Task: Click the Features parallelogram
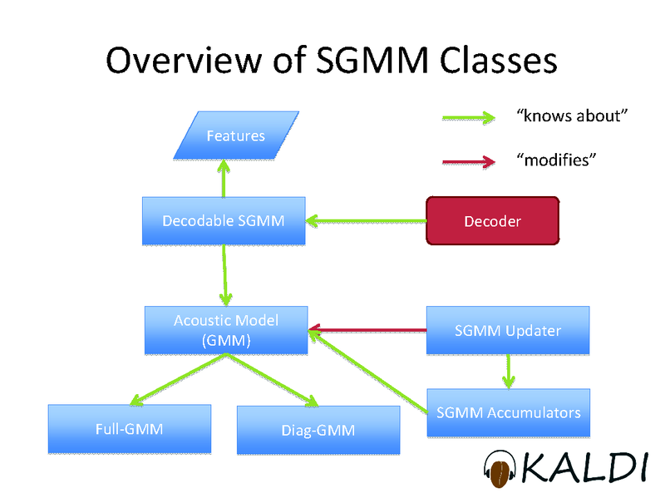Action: (235, 135)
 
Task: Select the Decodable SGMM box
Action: (224, 220)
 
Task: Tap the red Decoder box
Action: (492, 220)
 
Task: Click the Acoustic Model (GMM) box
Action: (226, 329)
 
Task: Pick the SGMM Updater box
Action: (508, 330)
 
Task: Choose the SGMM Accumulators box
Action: (509, 412)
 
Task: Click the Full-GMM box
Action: (129, 429)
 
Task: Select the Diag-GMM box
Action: (318, 430)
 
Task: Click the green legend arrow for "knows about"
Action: (470, 119)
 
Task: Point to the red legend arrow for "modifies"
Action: (470, 162)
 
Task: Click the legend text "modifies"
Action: (556, 159)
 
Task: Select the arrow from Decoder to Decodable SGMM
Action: (366, 221)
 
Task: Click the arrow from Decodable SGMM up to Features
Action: (223, 179)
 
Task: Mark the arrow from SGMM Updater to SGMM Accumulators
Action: (509, 370)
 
